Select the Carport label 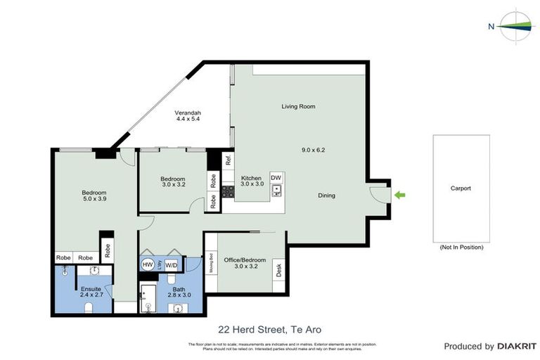461,188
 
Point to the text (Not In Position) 461,247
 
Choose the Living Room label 298,107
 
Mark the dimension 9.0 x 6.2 313,150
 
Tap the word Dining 326,195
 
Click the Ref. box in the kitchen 229,160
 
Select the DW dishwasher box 276,177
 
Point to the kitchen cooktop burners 228,190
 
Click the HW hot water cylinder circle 148,264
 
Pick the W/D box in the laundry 172,265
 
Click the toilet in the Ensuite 89,307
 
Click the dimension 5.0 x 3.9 94,200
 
